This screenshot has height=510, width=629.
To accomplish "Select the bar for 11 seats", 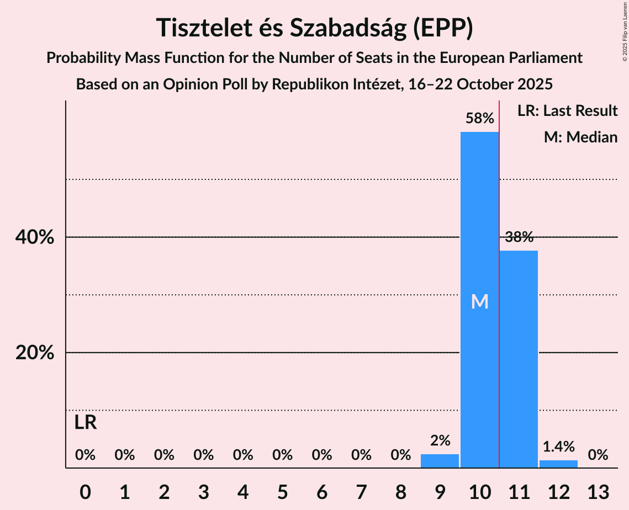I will coord(519,359).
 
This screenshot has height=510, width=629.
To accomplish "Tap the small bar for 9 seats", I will coord(440,461).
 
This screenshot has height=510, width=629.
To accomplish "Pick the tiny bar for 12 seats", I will coord(558,464).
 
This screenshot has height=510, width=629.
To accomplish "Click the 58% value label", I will coord(479,119).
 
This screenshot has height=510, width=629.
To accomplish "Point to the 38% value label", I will coord(519,237).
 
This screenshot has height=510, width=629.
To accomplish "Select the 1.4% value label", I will coord(558,447).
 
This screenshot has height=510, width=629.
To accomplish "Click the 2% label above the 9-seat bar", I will coord(440,440).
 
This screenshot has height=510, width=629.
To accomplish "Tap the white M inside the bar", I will coord(479,301).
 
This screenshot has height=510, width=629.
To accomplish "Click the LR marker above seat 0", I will coord(86,423).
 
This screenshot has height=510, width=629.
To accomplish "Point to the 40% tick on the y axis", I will coord(34,237).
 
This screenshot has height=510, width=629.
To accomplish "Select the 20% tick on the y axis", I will coord(34,353).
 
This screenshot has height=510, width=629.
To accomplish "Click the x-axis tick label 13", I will coord(598,492).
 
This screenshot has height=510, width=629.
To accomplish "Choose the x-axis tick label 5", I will coord(282,492).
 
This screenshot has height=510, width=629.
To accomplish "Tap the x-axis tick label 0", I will coord(85,492).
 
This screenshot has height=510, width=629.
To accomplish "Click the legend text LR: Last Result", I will coord(567,110).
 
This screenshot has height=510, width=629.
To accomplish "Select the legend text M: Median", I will coord(580,137).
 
